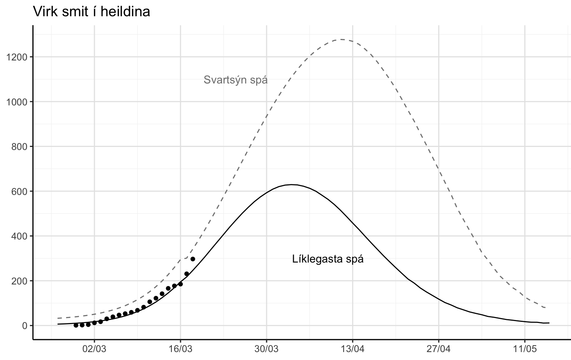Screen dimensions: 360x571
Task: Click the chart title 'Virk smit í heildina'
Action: [92, 12]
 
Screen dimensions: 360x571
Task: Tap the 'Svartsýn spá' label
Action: [235, 80]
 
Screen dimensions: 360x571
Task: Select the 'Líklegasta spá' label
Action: [328, 259]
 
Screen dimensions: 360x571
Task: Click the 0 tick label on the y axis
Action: [25, 326]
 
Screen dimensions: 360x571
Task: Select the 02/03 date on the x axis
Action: [94, 349]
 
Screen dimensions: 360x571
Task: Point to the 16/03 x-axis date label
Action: [181, 349]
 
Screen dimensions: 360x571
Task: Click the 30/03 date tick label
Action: [267, 349]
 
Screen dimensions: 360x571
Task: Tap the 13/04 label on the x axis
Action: [353, 349]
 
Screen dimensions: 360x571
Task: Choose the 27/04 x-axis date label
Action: [439, 349]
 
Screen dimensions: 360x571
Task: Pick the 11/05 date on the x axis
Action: [525, 349]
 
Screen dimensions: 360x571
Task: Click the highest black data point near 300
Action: [193, 259]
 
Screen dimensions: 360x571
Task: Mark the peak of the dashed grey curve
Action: [341, 39]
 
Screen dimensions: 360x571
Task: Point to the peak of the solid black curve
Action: [292, 185]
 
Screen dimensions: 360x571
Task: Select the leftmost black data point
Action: [76, 325]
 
